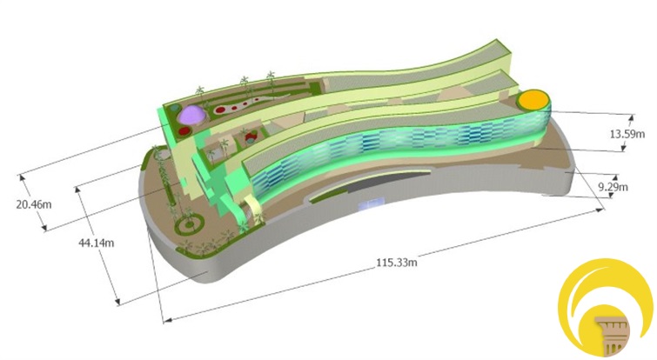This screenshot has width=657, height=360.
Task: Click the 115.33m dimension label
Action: pos(397,263)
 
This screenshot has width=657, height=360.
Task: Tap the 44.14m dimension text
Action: pos(96,243)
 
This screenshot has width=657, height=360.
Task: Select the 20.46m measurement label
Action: pos(34,204)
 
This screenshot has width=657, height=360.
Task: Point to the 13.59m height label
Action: pos(627,134)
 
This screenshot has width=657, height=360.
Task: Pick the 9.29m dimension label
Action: pos(613,187)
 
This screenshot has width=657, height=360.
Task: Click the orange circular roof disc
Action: pos(533,100)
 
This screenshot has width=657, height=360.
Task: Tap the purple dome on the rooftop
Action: pos(191,114)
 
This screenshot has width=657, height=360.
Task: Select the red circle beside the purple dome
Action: pos(184,131)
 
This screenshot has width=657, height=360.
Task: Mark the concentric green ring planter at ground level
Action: pos(190,224)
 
